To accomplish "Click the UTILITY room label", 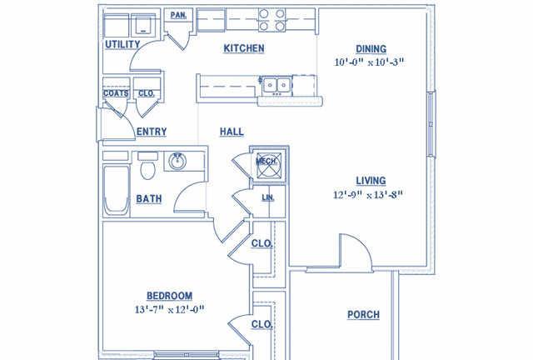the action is point(122,44).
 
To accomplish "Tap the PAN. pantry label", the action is point(178,15).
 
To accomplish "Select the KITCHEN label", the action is point(244,48).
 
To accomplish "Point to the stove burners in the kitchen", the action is point(271,20).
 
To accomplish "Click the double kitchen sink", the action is point(276,85).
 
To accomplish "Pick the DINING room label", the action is point(371,49).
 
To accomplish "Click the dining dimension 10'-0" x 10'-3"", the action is point(369,62).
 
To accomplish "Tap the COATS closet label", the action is point(116,93).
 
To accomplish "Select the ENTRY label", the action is point(152,132).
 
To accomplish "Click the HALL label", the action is point(232,132).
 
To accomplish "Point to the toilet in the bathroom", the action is point(147,166).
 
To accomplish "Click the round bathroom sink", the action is point(177,162).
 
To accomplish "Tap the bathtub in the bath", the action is point(117,190).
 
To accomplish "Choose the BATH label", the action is point(149,199).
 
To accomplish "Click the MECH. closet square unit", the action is point(269,166).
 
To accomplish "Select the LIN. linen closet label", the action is point(268,197).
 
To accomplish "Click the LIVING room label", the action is point(371,181).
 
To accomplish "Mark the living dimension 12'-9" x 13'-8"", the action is point(368,195).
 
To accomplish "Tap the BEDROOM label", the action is point(169,296).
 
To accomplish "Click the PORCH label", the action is point(363,315).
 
